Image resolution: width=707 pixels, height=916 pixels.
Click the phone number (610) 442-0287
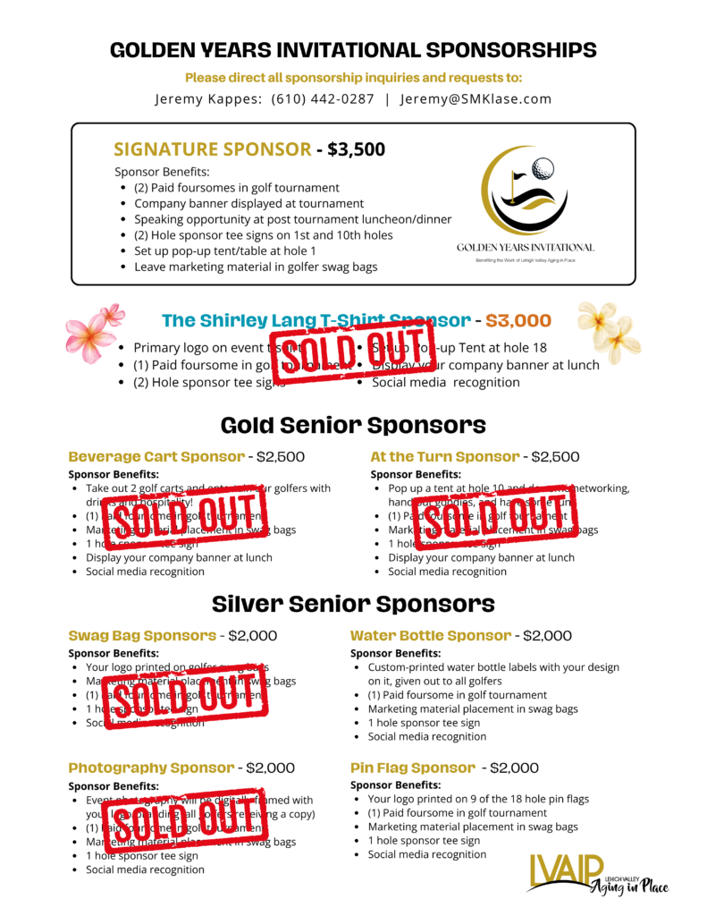(x=323, y=99)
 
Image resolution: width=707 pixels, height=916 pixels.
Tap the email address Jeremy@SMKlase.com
(x=476, y=99)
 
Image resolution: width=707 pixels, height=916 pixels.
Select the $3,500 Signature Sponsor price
(x=356, y=149)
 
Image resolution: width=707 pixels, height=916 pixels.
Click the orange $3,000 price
(x=520, y=320)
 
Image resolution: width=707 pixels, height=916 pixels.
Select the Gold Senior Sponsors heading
(x=353, y=424)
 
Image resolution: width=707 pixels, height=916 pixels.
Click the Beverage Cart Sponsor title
(x=156, y=456)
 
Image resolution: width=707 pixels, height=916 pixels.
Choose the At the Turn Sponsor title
(x=444, y=456)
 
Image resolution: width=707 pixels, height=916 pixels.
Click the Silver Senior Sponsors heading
(x=353, y=604)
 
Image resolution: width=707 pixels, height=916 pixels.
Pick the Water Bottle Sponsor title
(x=430, y=636)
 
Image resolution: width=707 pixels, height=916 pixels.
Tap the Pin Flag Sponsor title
(x=412, y=768)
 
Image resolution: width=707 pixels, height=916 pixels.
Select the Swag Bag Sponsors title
(x=142, y=636)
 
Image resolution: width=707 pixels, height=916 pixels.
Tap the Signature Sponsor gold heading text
(x=213, y=149)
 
